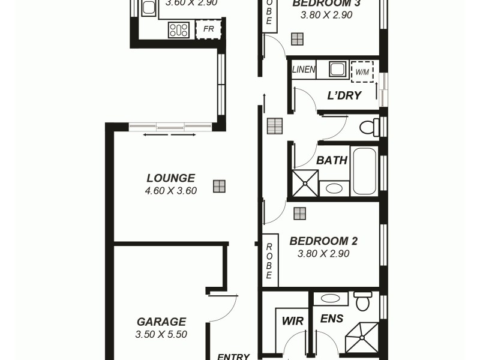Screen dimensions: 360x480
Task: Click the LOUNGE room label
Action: tap(170, 178)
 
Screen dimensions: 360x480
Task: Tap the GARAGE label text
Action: tap(161, 322)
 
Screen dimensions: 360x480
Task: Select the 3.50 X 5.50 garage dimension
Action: tap(161, 334)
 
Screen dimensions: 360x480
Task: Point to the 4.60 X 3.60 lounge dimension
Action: tap(171, 191)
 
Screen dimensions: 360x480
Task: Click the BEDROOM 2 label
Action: tap(323, 241)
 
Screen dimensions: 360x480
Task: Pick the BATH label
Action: tap(332, 160)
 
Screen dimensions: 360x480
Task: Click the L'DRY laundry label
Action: tap(344, 95)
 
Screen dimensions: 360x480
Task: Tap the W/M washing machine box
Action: tap(362, 71)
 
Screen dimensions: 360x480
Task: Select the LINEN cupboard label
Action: tap(304, 70)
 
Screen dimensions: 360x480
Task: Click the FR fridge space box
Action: tap(209, 29)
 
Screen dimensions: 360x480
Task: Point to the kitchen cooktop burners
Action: tap(179, 29)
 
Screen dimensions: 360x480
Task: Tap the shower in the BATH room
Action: tap(305, 184)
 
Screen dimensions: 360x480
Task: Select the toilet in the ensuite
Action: tap(363, 301)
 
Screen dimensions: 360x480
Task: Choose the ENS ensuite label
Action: tap(332, 319)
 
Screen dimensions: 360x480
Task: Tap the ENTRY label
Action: tap(233, 356)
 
